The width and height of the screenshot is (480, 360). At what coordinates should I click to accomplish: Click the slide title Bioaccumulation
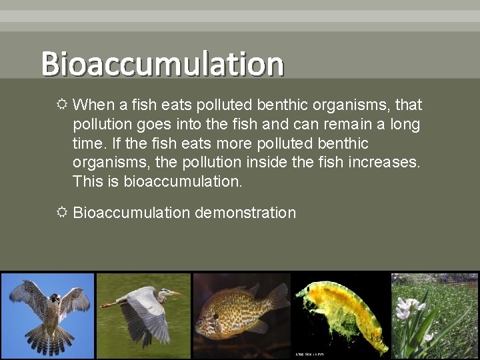(x=162, y=64)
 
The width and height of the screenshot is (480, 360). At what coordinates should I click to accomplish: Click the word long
(x=406, y=125)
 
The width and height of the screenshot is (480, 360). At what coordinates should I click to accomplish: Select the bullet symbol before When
(x=61, y=105)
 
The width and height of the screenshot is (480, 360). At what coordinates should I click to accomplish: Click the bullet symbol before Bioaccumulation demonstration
(x=61, y=213)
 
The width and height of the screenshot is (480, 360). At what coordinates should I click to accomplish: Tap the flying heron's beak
(x=175, y=293)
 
